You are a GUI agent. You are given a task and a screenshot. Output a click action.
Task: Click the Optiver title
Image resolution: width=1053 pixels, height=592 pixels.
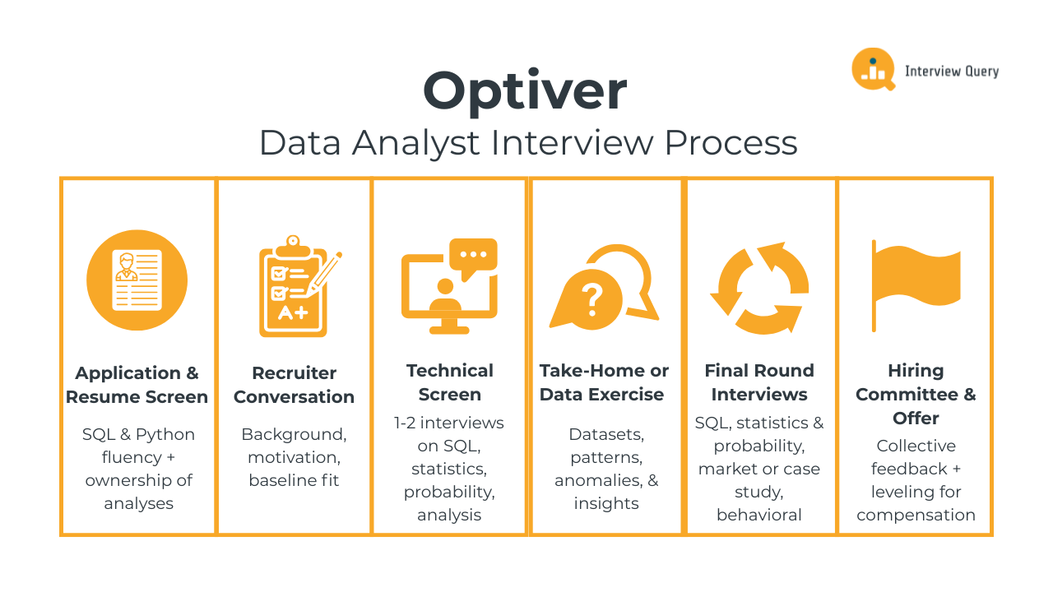(x=525, y=91)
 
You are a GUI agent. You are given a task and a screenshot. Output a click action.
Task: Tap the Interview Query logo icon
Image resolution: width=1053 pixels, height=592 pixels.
(x=872, y=69)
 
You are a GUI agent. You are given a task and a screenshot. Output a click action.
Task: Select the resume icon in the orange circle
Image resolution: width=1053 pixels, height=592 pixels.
(x=137, y=280)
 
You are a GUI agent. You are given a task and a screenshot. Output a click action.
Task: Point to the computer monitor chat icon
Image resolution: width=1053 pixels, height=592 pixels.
(x=449, y=285)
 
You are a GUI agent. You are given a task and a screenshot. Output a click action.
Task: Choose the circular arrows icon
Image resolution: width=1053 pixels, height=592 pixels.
(x=759, y=288)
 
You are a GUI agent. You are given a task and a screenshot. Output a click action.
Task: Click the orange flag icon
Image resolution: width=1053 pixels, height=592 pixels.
(x=916, y=284)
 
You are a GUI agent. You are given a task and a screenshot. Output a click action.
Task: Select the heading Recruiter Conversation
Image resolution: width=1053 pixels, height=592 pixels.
(x=294, y=385)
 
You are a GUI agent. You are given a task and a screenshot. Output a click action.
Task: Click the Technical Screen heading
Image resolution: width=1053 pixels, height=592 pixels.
(x=449, y=382)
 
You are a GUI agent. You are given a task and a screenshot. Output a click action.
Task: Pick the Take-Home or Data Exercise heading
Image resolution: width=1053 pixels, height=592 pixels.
(x=605, y=382)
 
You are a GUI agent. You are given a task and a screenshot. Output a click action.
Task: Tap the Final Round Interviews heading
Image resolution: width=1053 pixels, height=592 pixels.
(x=759, y=382)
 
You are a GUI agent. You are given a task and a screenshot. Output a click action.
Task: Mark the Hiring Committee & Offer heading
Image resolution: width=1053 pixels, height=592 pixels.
(x=916, y=395)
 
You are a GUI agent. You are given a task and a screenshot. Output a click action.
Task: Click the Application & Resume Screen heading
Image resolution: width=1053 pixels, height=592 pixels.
(x=137, y=385)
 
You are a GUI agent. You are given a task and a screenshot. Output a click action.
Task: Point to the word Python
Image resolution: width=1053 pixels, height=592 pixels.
(x=165, y=434)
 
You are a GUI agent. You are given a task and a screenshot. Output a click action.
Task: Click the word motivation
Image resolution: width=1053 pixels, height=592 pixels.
(x=294, y=457)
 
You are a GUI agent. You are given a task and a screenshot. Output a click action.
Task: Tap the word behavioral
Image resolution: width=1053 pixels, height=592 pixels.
(x=759, y=515)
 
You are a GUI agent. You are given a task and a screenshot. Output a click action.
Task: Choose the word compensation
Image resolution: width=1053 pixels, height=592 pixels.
(x=916, y=515)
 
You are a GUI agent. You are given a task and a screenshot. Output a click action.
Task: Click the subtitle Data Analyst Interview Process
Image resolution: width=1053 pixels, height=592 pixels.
(x=528, y=142)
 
